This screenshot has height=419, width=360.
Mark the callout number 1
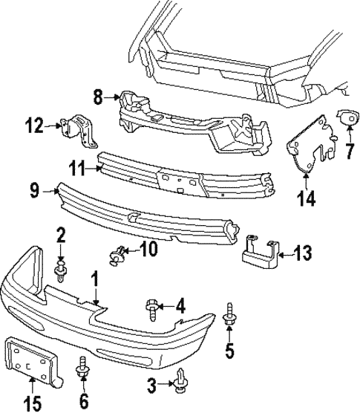click(94, 279)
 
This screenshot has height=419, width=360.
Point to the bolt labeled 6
click(83, 366)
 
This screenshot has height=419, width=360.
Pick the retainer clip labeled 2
click(61, 270)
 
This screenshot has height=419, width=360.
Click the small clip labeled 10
click(117, 255)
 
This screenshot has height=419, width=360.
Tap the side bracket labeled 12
click(83, 131)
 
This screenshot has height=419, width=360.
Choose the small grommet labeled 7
click(346, 117)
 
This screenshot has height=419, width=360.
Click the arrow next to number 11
click(97, 169)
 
